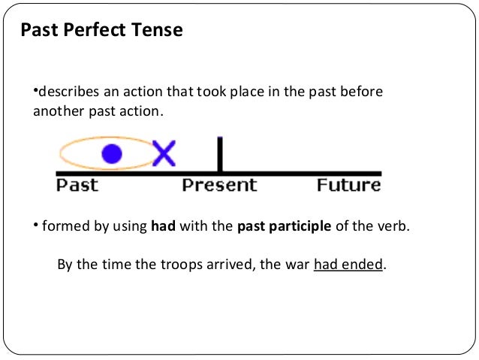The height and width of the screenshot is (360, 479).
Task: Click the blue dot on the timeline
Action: pos(111,154)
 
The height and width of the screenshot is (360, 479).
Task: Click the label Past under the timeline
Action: pos(77,184)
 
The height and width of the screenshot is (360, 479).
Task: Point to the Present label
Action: pos(219,184)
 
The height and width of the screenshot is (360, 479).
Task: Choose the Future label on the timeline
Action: pos(348,184)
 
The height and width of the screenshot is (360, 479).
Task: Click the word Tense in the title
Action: pos(158,31)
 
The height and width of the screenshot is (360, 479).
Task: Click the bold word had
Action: pos(162,226)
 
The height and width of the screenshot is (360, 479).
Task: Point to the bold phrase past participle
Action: pos(284,226)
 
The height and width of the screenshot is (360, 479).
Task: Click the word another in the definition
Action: pos(56,110)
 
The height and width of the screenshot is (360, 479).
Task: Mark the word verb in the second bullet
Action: pos(394,226)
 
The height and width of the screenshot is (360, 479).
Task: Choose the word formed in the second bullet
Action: pos(62,226)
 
